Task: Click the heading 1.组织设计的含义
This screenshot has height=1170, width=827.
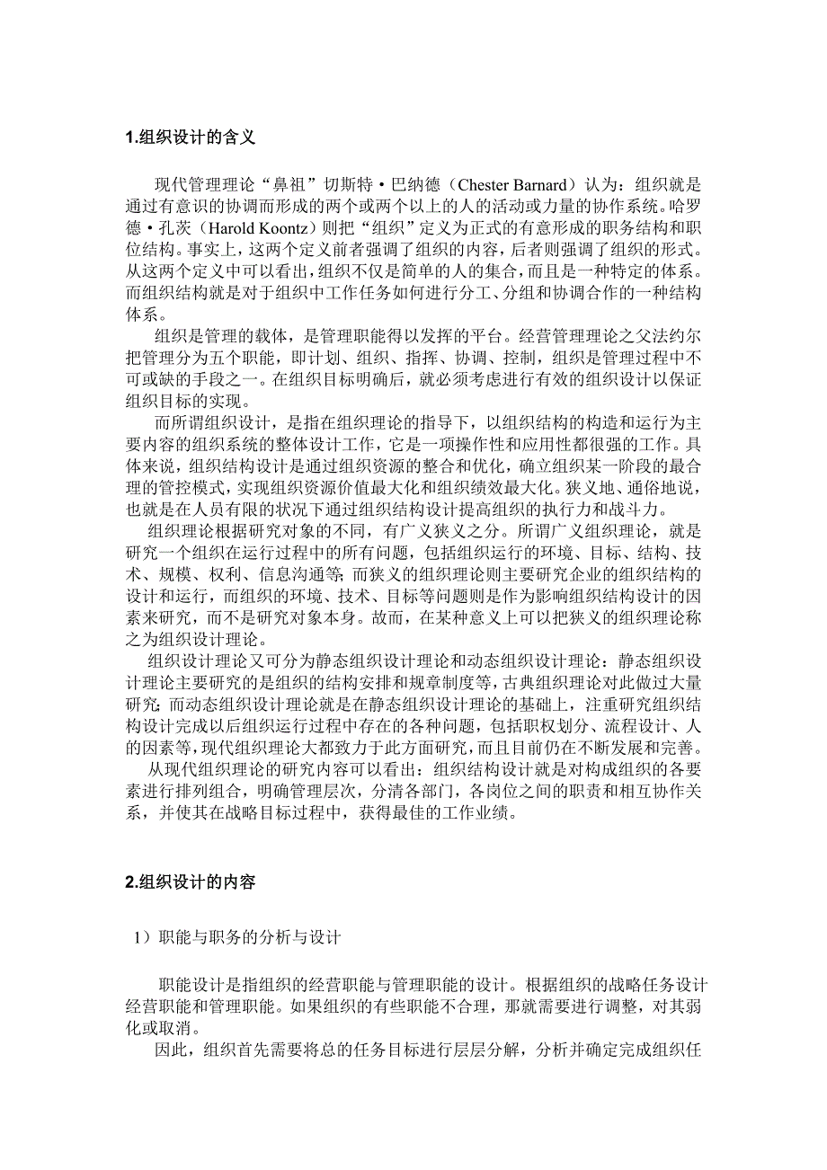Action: click(191, 137)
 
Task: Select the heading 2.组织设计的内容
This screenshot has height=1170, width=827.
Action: click(191, 882)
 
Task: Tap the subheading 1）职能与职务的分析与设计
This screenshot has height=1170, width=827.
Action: click(237, 938)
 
